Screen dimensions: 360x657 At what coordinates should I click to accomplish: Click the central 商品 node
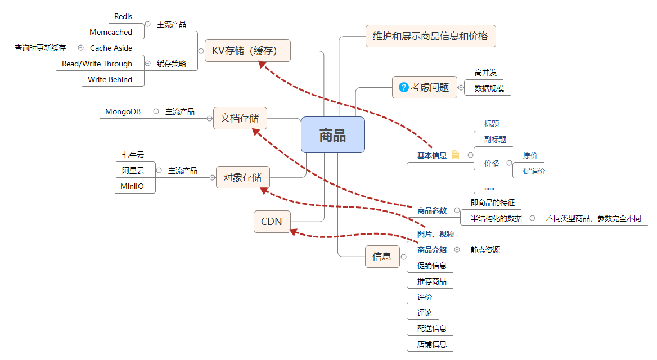pyautogui.click(x=332, y=135)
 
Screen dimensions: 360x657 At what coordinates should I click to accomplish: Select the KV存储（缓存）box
pyautogui.click(x=247, y=51)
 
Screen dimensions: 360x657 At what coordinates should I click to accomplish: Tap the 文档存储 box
pyautogui.click(x=240, y=118)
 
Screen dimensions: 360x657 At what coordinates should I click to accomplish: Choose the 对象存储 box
pyautogui.click(x=242, y=177)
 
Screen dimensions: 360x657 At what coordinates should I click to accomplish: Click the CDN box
pyautogui.click(x=272, y=222)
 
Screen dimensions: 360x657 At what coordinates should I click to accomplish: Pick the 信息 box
pyautogui.click(x=382, y=256)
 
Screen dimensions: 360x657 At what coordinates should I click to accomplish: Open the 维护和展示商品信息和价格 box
pyautogui.click(x=430, y=37)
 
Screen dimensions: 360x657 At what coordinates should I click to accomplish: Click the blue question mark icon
pyautogui.click(x=403, y=87)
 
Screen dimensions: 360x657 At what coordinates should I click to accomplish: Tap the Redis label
pyautogui.click(x=123, y=17)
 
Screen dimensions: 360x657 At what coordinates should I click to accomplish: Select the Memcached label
pyautogui.click(x=111, y=33)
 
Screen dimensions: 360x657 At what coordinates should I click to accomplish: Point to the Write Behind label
pyautogui.click(x=110, y=80)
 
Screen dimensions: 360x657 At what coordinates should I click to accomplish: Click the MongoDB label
pyautogui.click(x=123, y=112)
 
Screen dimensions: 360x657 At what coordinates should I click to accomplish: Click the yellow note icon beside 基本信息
pyautogui.click(x=456, y=155)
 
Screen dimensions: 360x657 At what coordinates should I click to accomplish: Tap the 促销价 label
pyautogui.click(x=534, y=171)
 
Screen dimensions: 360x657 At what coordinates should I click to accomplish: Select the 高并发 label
pyautogui.click(x=485, y=73)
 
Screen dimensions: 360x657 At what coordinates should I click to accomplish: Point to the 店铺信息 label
pyautogui.click(x=432, y=344)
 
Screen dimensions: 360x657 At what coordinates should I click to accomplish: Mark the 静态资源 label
pyautogui.click(x=485, y=250)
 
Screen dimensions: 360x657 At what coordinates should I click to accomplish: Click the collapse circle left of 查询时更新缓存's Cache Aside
pyautogui.click(x=80, y=48)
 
